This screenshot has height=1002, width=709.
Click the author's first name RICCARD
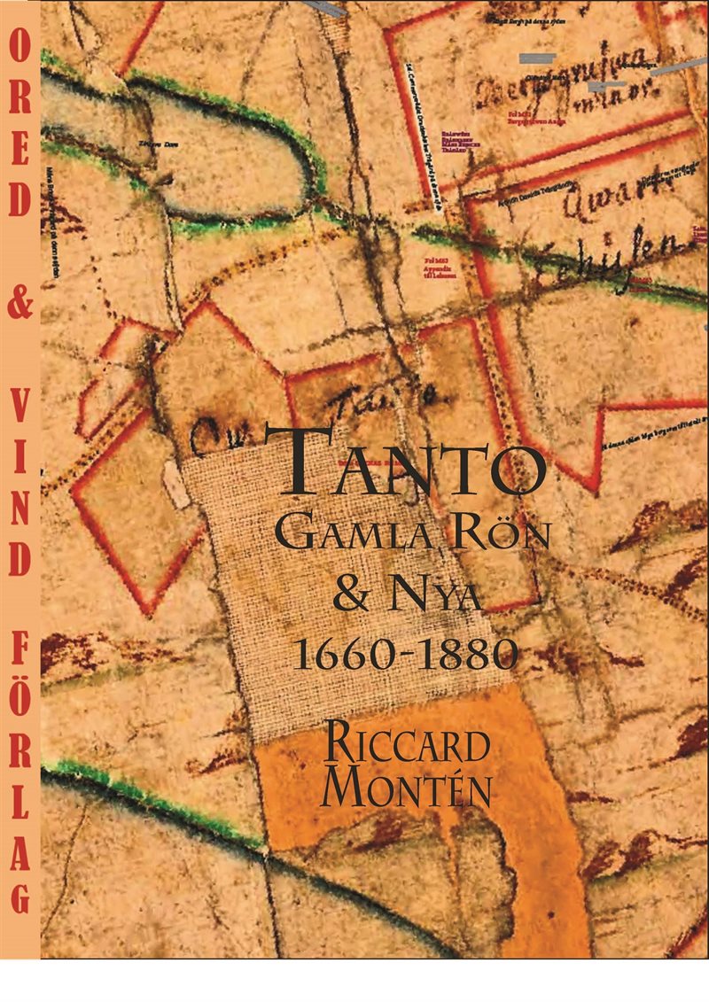[x=407, y=744]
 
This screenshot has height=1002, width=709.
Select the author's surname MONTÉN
[x=407, y=788]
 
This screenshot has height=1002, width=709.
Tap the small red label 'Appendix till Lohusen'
[x=440, y=269]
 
